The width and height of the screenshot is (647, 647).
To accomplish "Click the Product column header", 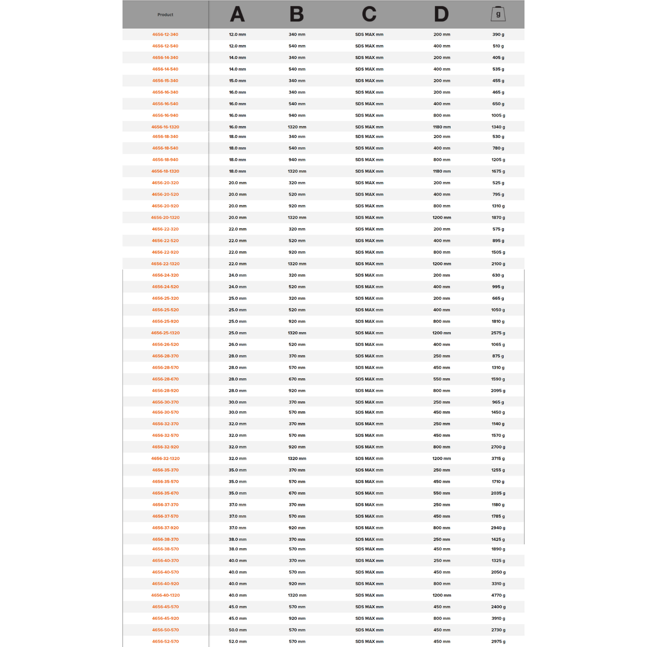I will click(165, 15).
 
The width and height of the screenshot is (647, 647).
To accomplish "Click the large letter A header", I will click(237, 14).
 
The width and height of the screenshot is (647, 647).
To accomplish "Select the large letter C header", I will click(369, 14).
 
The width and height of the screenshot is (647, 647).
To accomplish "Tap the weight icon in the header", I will click(498, 14).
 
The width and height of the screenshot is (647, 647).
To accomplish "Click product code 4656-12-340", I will click(165, 35).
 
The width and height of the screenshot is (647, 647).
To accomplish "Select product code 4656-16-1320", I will click(165, 127).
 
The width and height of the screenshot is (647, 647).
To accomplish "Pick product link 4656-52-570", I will click(165, 641).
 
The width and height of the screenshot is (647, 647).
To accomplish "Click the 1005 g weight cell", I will click(498, 115).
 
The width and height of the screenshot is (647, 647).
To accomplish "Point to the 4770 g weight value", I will click(498, 595).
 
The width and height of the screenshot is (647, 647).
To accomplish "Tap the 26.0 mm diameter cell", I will click(237, 345).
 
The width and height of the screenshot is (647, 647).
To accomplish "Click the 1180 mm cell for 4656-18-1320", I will click(442, 171).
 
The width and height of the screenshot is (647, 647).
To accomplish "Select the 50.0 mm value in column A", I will click(237, 630).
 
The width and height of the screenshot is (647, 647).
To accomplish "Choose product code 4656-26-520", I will click(165, 345).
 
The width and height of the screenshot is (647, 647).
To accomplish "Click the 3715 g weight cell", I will click(498, 459).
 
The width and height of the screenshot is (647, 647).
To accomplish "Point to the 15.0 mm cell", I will click(237, 81).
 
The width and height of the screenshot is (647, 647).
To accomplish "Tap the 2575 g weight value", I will click(498, 333).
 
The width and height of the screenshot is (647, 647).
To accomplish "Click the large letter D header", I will click(441, 14).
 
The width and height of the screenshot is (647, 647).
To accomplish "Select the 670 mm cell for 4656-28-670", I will click(297, 379).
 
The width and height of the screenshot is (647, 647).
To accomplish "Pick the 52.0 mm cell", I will click(237, 641).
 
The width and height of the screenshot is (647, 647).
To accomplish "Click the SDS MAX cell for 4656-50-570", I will click(369, 630).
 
